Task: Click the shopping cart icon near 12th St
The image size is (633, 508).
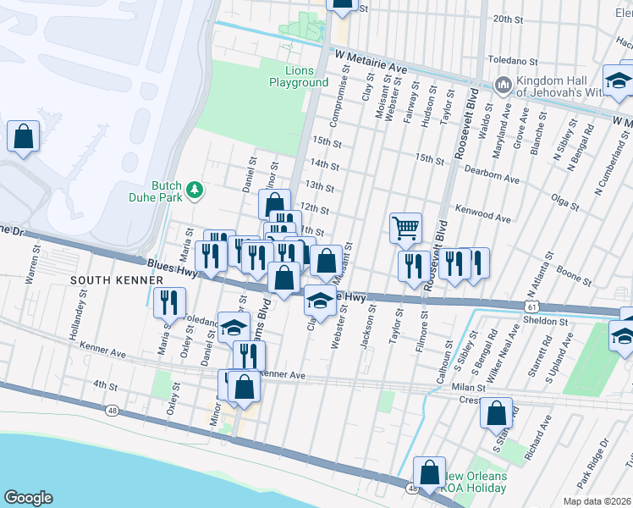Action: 405,227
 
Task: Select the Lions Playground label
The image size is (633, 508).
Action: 299,76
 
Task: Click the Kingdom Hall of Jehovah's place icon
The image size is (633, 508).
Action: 503,86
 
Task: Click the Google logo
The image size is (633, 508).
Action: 28,498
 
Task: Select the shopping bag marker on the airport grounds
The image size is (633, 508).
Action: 23,135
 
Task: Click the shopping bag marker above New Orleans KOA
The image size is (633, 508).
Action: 429,472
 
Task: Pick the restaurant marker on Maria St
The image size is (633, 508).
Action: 169,301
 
